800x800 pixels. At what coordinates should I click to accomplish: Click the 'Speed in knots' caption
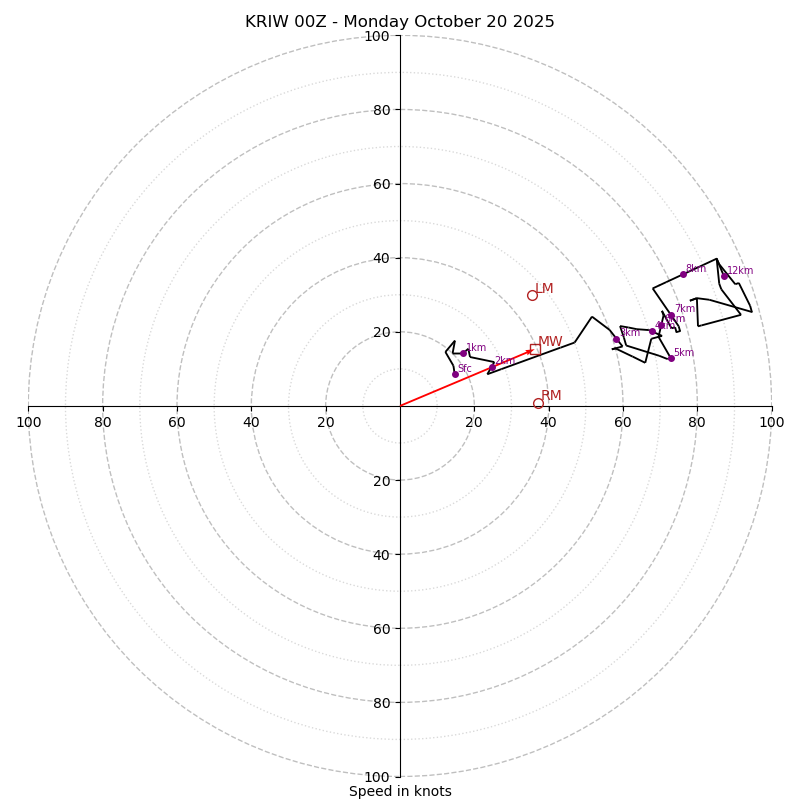[400, 791]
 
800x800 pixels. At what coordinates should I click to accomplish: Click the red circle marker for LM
[532, 295]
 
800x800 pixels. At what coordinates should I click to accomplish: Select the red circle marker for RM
[538, 404]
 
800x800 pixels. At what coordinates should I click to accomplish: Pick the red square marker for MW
[535, 349]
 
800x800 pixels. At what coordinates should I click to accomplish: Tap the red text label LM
[544, 289]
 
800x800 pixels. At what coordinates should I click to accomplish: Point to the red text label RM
[551, 396]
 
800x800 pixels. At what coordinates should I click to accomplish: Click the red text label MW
[550, 342]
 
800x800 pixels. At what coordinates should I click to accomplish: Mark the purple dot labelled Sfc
[455, 374]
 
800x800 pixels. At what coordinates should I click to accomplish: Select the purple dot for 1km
[463, 353]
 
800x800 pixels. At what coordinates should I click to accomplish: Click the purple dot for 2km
[492, 367]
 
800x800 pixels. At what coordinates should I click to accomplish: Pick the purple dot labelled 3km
[616, 339]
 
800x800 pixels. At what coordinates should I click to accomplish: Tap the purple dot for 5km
[671, 358]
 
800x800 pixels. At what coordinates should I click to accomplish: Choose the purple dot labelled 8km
[683, 274]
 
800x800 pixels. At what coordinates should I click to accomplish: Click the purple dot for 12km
[725, 276]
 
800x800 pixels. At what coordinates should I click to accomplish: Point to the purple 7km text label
[684, 309]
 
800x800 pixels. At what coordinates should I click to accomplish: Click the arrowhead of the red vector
[530, 351]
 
